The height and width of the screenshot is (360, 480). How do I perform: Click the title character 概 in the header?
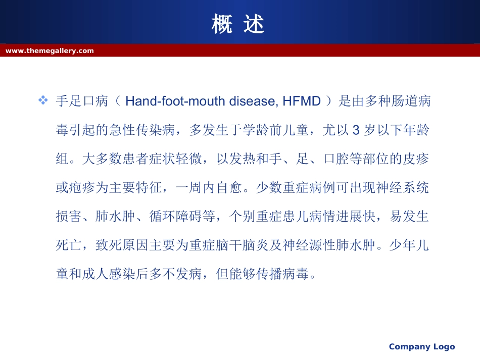[x=222, y=24]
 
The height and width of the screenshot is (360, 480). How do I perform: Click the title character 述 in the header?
[x=254, y=24]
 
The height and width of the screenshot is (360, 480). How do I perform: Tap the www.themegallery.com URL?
[x=50, y=51]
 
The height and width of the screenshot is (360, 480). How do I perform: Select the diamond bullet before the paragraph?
[x=43, y=100]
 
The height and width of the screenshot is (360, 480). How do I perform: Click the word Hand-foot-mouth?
[x=175, y=101]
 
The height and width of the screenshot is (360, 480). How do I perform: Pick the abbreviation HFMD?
[x=302, y=101]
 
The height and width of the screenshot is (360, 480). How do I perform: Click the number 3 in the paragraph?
[x=356, y=130]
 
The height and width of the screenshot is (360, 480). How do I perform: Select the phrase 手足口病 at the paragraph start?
[x=82, y=101]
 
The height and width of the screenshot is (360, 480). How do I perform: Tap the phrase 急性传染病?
[x=142, y=130]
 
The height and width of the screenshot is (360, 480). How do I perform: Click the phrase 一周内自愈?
[x=209, y=187]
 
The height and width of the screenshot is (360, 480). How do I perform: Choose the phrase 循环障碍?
[x=176, y=216]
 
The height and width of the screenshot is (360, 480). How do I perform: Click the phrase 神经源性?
[x=309, y=245]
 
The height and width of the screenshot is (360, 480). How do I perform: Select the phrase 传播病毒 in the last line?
[x=282, y=274]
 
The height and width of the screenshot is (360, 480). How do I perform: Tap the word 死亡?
[x=69, y=245]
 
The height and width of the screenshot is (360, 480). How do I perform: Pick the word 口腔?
[x=336, y=159]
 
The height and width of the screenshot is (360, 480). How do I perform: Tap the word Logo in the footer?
[x=444, y=347]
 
